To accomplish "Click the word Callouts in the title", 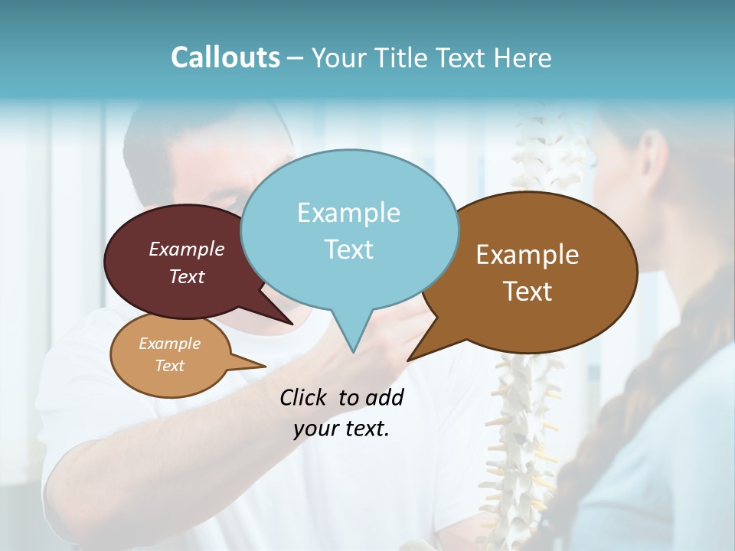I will pyautogui.click(x=225, y=57).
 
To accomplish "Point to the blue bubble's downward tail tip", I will pyautogui.click(x=353, y=351).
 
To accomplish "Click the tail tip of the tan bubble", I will pyautogui.click(x=264, y=367).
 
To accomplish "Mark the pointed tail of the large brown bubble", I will pyautogui.click(x=410, y=359).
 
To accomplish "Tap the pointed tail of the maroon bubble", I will pyautogui.click(x=292, y=323).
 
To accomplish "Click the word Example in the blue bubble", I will pyautogui.click(x=348, y=213).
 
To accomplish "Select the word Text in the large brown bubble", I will pyautogui.click(x=528, y=292).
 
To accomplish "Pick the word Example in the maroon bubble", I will pyautogui.click(x=187, y=249).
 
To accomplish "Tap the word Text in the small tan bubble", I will pyautogui.click(x=170, y=366).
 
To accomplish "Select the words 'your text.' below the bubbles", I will pyautogui.click(x=341, y=429).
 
